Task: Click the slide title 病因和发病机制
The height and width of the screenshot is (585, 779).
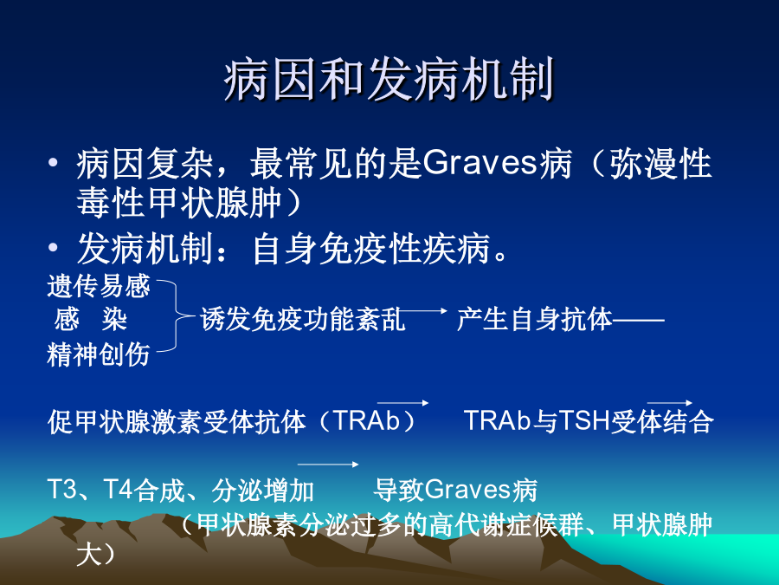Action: pyautogui.click(x=389, y=79)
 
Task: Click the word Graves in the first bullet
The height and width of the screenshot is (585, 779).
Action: pyautogui.click(x=480, y=163)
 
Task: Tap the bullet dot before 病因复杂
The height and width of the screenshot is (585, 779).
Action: pyautogui.click(x=53, y=163)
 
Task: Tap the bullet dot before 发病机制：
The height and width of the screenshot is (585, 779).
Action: pyautogui.click(x=53, y=247)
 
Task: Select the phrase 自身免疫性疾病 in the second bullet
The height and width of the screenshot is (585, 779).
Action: pyautogui.click(x=371, y=248)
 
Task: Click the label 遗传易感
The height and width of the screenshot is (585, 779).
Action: pyautogui.click(x=99, y=286)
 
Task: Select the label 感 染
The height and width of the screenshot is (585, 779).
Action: pyautogui.click(x=90, y=319)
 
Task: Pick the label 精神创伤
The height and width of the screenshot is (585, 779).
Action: pyautogui.click(x=99, y=354)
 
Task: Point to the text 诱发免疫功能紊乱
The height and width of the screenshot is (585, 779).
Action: pyautogui.click(x=303, y=319)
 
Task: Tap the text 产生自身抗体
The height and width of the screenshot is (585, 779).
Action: pyautogui.click(x=535, y=319)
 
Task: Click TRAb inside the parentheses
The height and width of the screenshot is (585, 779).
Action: pyautogui.click(x=367, y=421)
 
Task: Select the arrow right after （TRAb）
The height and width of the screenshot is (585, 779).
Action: pyautogui.click(x=402, y=402)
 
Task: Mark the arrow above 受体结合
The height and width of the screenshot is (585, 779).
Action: pyautogui.click(x=670, y=402)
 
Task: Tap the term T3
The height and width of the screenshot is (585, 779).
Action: pyautogui.click(x=62, y=489)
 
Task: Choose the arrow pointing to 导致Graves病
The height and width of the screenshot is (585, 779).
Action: pyautogui.click(x=328, y=465)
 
